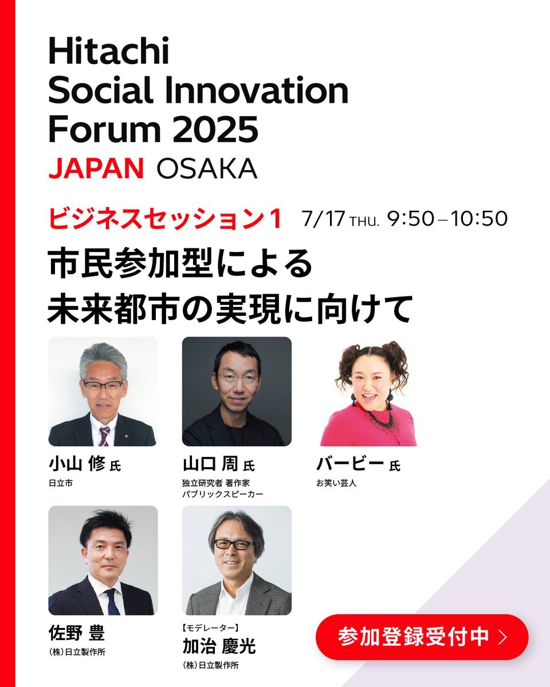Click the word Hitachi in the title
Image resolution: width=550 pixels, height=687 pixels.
coord(109,51)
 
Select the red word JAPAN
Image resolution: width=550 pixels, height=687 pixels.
coord(96,168)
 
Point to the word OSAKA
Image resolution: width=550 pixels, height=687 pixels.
coord(207,168)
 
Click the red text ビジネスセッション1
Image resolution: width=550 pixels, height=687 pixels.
coord(166,219)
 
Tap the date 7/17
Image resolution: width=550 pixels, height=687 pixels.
coord(323,219)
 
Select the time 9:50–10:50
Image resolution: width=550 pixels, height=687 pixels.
coord(447,219)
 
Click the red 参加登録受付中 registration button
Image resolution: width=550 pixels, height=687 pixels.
coord(422,636)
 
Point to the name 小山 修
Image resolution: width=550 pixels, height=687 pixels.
coord(77,464)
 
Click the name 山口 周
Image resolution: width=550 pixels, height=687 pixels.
coord(210,464)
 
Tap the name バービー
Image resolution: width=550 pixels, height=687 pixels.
coord(349,464)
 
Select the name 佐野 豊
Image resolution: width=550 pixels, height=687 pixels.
coord(77,633)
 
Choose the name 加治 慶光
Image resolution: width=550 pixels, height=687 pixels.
coord(219,646)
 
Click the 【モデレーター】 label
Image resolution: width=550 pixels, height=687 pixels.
coord(211,628)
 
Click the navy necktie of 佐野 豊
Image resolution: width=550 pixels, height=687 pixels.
coord(112,602)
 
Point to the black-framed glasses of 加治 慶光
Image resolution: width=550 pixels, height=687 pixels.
coord(234,544)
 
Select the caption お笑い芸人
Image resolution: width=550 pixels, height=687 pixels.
coord(336,483)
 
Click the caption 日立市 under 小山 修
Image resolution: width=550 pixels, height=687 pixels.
coord(61,483)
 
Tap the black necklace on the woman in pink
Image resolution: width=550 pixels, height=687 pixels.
coord(380,417)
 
